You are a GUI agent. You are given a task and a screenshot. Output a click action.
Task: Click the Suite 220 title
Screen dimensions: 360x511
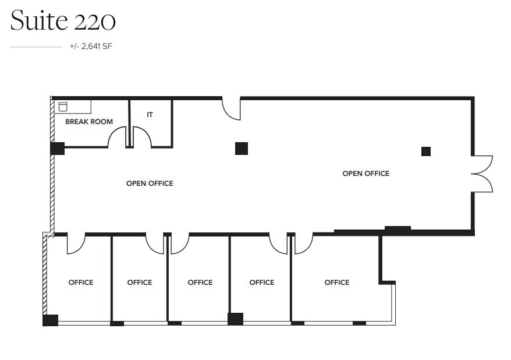click(63, 21)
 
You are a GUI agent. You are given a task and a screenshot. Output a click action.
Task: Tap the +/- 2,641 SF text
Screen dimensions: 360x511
click(90, 46)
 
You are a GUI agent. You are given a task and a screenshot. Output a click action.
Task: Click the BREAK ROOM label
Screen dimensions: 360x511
click(89, 122)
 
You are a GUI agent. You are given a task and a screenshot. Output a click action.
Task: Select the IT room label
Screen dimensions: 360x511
click(150, 115)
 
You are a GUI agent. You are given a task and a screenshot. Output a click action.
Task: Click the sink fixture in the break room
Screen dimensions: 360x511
click(63, 106)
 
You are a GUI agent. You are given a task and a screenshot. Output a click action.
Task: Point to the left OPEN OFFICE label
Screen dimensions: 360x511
click(150, 183)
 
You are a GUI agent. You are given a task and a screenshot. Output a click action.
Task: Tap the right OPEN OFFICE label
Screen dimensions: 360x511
click(365, 173)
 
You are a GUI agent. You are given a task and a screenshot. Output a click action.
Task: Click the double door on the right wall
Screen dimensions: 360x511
click(482, 174)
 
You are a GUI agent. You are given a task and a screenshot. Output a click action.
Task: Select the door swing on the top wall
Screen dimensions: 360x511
click(232, 108)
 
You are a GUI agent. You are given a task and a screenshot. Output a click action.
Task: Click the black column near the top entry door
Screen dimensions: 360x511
click(242, 149)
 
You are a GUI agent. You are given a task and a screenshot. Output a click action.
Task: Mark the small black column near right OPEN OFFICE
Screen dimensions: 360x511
click(426, 151)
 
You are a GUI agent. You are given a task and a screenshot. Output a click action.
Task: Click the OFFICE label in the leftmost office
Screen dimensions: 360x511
click(81, 282)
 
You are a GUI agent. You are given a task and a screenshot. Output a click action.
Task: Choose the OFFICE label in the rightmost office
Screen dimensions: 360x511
click(337, 282)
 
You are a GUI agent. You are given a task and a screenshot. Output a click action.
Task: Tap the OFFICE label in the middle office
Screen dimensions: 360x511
click(200, 282)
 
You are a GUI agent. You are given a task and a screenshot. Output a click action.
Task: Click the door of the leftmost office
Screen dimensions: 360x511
click(76, 243)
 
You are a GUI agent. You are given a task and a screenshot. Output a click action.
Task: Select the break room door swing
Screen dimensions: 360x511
click(118, 137)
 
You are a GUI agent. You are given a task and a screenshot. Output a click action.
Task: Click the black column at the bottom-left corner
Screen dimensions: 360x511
click(51, 320)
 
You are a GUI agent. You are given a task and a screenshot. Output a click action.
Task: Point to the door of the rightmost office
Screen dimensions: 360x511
click(303, 243)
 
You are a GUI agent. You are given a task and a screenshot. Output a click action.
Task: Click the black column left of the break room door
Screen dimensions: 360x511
click(57, 148)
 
